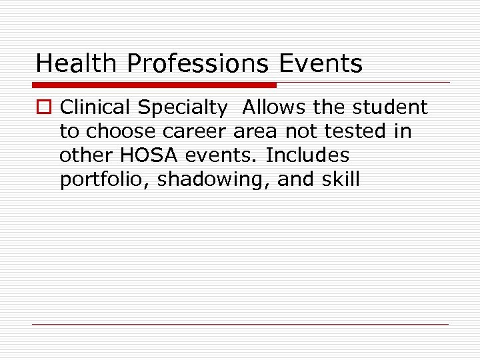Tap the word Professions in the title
point(197,63)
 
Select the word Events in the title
point(321,63)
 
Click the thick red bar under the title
point(154,85)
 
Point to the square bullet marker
point(44,108)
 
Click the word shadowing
point(213,180)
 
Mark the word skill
point(340,179)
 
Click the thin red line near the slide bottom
point(240,324)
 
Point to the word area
point(257,131)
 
